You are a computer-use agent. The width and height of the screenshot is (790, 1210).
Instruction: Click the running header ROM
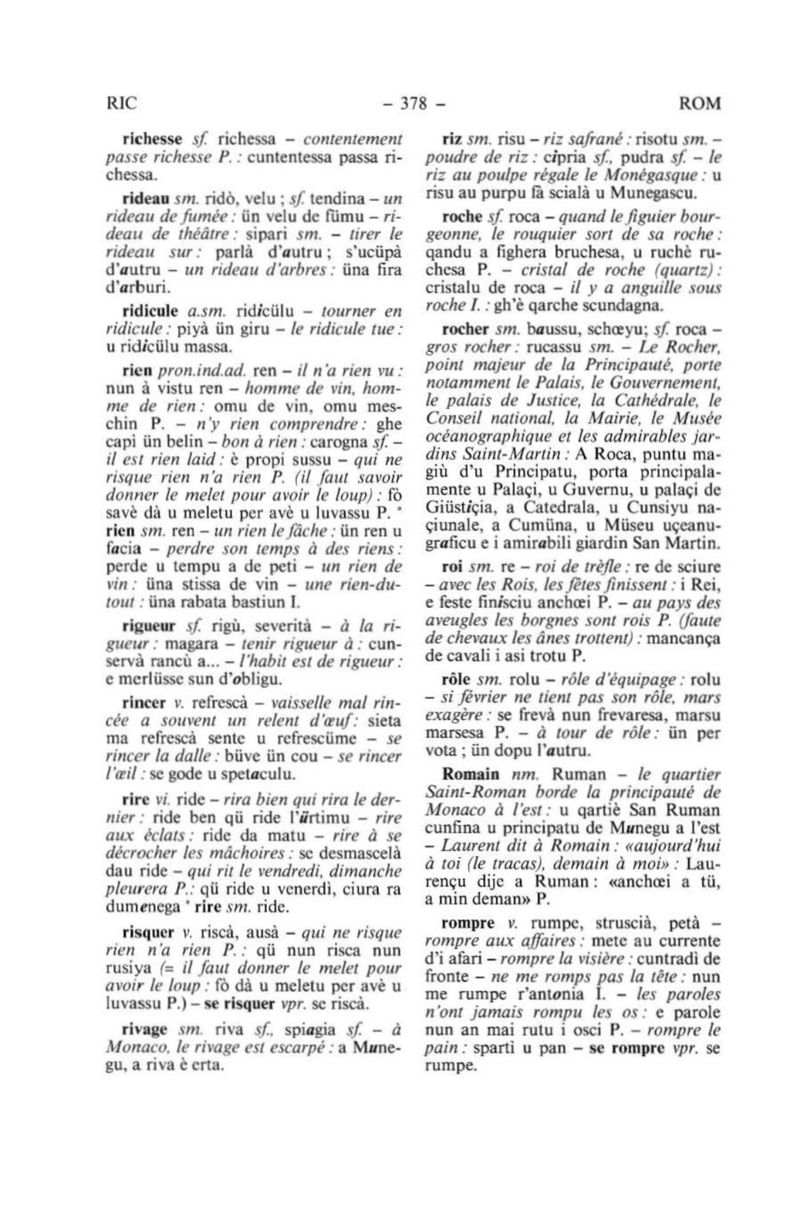click(701, 103)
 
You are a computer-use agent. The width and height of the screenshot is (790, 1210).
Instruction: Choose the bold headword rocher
click(462, 330)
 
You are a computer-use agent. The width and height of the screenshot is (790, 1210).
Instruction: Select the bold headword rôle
click(456, 680)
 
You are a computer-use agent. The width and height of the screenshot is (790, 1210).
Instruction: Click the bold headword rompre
click(466, 922)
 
